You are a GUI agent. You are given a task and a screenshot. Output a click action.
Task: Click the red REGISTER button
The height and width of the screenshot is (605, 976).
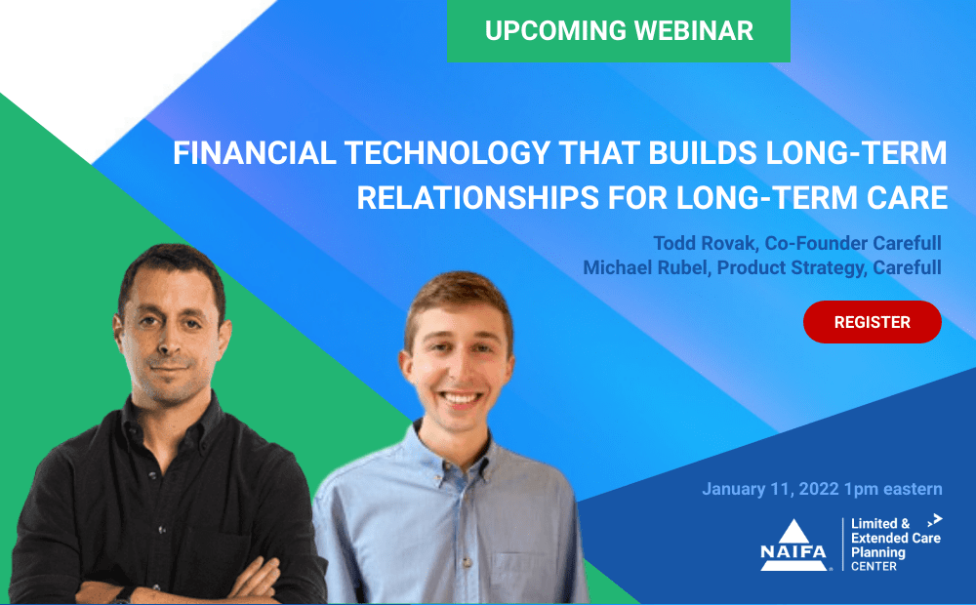click(x=872, y=322)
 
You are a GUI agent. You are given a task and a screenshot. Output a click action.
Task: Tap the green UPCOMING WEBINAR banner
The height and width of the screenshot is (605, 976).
click(x=619, y=30)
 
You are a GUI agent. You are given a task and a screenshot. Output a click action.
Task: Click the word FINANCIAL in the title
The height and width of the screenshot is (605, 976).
click(x=255, y=153)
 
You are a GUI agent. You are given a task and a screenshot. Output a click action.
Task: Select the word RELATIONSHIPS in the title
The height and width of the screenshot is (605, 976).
click(x=477, y=198)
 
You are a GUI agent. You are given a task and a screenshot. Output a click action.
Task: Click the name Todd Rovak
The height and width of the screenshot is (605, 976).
click(x=704, y=243)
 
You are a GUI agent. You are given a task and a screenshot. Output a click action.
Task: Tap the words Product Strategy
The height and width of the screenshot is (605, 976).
click(x=791, y=268)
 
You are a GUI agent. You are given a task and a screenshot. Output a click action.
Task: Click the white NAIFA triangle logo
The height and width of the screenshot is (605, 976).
click(x=793, y=545)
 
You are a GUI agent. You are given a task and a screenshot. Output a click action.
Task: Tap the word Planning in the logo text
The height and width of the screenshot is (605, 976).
click(x=878, y=552)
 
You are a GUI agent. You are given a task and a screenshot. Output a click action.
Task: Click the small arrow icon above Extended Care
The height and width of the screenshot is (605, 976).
click(x=934, y=520)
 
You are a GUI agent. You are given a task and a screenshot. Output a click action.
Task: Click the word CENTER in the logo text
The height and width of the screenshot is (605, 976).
click(x=874, y=566)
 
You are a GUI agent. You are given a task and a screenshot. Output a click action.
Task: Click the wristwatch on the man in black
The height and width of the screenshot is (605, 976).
click(x=124, y=594)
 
